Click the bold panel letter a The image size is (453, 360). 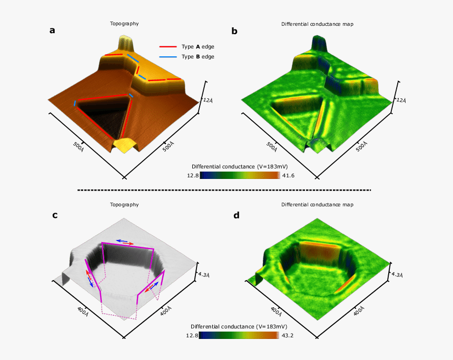coord(52,31)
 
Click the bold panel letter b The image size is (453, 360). coord(234,31)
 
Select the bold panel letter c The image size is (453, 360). coord(55,215)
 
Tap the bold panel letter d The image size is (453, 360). coord(237,215)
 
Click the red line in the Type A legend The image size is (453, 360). coord(168,46)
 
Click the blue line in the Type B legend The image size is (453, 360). coord(168,57)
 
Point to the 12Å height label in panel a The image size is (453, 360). coord(208,100)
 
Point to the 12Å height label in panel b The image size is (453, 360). coord(401,100)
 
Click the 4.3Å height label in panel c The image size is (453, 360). coord(204,274)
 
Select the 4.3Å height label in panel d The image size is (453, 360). coord(397,274)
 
